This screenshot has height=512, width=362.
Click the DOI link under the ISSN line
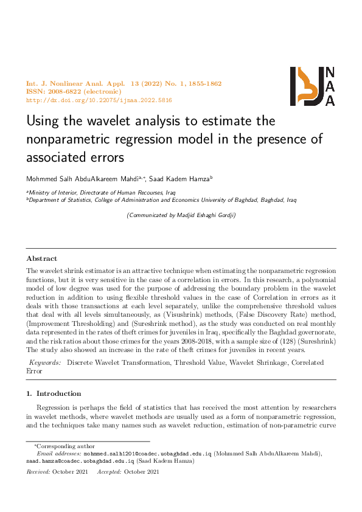click(x=99, y=100)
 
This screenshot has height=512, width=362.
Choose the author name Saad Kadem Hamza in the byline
click(x=183, y=179)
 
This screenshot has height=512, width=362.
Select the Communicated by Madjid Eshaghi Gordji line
click(x=181, y=215)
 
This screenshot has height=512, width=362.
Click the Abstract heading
click(x=42, y=258)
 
